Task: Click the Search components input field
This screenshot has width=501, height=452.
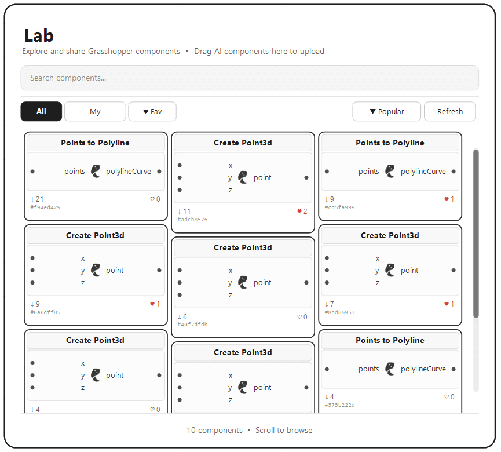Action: (x=249, y=78)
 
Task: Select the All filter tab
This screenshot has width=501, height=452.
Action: (x=41, y=111)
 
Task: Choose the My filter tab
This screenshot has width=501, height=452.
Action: (x=95, y=111)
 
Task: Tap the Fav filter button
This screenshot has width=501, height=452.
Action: (x=152, y=111)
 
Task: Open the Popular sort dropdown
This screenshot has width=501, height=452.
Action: (x=386, y=111)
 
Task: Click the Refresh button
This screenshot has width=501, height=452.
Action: (x=449, y=111)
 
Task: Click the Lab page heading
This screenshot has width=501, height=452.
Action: (x=39, y=35)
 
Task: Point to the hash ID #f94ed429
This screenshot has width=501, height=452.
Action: (x=45, y=207)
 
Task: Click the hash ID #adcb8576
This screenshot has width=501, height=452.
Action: (x=192, y=220)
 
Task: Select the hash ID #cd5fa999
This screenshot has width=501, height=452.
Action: (x=339, y=207)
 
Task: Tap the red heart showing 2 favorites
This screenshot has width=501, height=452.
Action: (x=299, y=212)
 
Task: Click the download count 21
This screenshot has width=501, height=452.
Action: (x=37, y=199)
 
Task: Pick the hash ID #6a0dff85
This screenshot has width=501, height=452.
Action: (x=45, y=312)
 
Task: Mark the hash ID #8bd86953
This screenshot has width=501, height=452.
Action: (x=339, y=312)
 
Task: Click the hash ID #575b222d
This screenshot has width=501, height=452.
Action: (x=339, y=405)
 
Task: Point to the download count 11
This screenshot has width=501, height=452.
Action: (x=184, y=212)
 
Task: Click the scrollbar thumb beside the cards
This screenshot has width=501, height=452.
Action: (x=476, y=232)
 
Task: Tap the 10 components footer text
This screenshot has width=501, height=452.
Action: (x=214, y=430)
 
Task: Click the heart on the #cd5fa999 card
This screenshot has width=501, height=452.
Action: (x=447, y=199)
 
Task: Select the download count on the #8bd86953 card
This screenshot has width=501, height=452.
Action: (x=329, y=304)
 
